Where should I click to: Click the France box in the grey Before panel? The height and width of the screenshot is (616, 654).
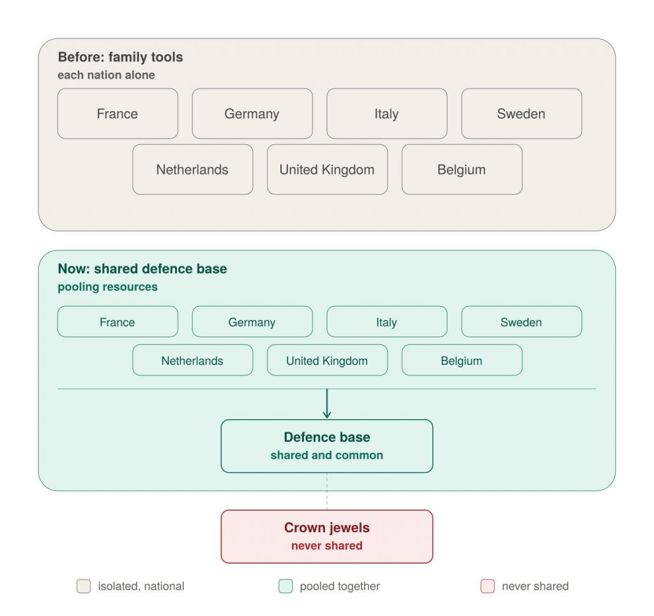click(118, 114)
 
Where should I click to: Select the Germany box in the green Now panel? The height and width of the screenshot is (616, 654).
click(252, 322)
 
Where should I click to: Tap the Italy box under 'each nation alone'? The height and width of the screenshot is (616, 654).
click(387, 114)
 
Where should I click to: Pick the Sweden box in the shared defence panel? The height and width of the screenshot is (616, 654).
click(521, 322)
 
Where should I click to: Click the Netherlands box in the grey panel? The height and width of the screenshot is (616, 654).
click(193, 169)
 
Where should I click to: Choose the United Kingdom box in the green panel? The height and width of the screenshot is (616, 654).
click(328, 360)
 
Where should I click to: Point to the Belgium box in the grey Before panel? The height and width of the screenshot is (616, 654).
click(462, 169)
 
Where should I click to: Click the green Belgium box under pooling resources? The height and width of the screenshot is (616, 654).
click(462, 360)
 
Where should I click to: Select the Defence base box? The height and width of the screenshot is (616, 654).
click(327, 446)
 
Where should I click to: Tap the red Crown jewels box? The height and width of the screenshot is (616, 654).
click(327, 537)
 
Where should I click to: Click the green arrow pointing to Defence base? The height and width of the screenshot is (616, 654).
click(327, 404)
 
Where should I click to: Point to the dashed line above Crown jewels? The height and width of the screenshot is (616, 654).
click(327, 491)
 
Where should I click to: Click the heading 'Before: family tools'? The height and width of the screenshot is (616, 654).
click(121, 57)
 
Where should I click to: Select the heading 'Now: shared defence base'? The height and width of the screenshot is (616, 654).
click(142, 269)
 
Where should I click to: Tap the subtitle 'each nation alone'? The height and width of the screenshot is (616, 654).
click(107, 75)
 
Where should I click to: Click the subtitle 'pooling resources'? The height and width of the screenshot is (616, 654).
click(107, 287)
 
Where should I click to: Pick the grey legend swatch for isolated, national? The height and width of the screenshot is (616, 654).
click(84, 586)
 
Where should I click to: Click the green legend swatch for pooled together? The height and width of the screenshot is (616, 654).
click(285, 586)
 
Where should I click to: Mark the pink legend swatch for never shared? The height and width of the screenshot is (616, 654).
click(487, 586)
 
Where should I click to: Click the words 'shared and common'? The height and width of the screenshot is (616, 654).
click(327, 456)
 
